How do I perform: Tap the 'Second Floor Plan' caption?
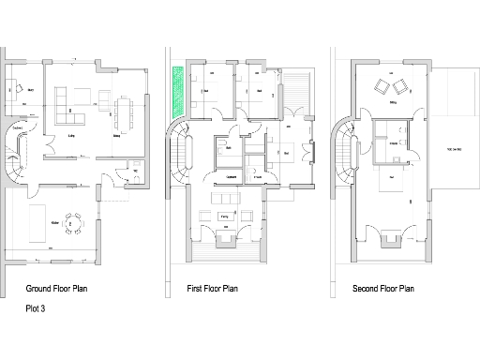[382, 290]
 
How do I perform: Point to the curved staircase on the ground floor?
[20, 156]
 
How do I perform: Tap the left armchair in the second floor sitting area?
[382, 87]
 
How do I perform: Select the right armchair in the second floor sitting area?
[403, 87]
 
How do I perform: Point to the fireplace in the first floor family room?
[225, 241]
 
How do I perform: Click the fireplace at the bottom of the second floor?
[389, 241]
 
